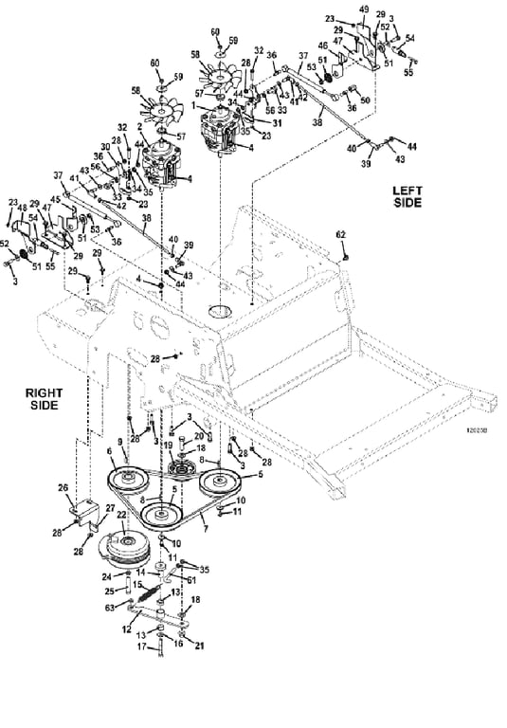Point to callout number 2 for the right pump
(x=139, y=126)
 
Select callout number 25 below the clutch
(x=109, y=591)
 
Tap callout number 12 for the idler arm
(x=126, y=628)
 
